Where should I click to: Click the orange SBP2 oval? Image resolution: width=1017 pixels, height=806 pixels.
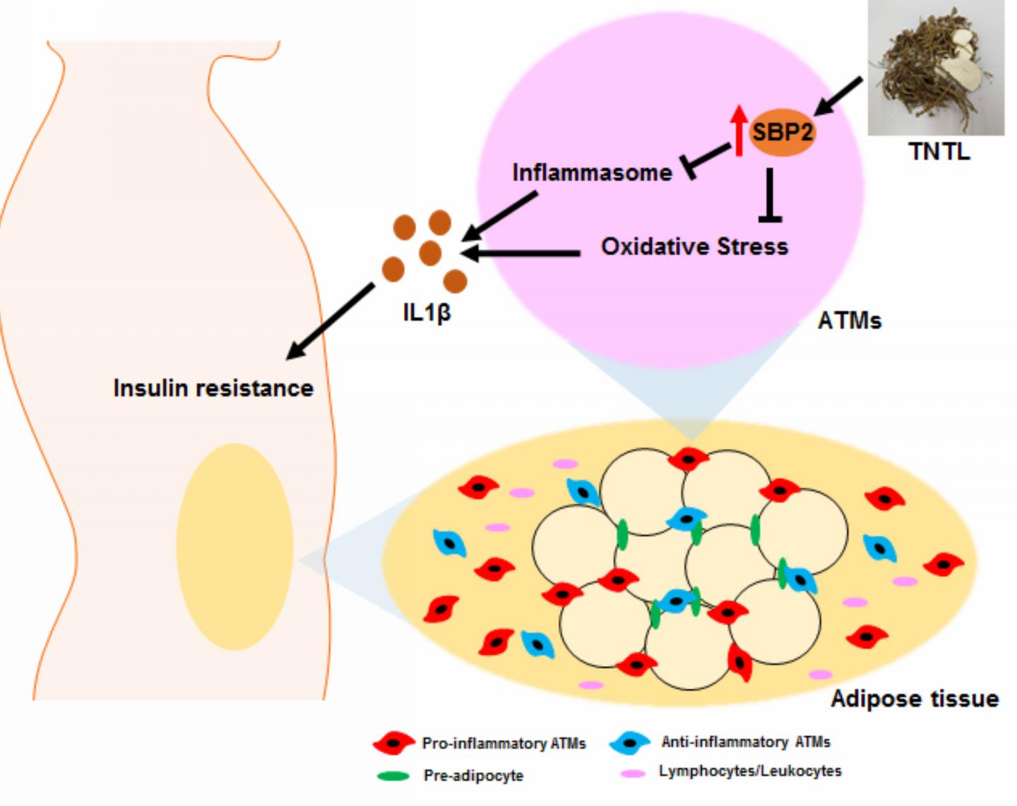(782, 132)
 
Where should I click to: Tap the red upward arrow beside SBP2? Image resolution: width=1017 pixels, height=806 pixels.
(738, 131)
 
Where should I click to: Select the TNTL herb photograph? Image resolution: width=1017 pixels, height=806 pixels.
(936, 68)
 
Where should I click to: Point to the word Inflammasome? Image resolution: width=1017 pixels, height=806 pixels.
(592, 172)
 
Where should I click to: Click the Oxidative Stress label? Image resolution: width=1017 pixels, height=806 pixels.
(694, 247)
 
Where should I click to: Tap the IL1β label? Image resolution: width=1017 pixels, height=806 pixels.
(427, 312)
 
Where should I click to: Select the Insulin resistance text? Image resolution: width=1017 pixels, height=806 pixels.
(213, 388)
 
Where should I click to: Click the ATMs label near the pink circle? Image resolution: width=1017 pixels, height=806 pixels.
(849, 321)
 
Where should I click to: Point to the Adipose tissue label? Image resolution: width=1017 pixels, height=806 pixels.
(914, 699)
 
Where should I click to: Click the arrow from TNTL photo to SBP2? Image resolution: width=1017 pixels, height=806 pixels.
(839, 96)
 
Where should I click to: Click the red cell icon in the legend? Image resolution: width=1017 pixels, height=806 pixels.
(393, 743)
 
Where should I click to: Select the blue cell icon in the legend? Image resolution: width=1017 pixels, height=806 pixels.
(629, 742)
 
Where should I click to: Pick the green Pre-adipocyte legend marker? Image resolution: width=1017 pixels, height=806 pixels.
(393, 776)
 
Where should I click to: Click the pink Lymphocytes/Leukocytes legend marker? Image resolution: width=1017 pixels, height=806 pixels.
(632, 773)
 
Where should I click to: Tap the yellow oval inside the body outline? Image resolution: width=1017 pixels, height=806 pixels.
(234, 546)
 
